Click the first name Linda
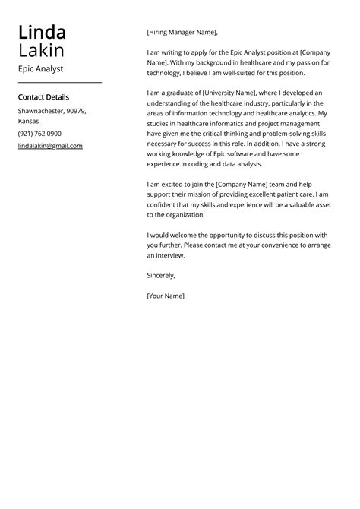point(42,33)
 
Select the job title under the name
point(40,68)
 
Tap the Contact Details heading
point(43,97)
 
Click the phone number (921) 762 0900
point(39,134)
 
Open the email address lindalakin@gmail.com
point(50,146)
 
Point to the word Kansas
point(29,121)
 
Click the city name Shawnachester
point(40,111)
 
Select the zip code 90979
point(76,111)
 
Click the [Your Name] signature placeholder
point(166,296)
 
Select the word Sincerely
point(161,276)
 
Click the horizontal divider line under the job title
point(59,82)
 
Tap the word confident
point(164,205)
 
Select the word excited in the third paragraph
point(175,185)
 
